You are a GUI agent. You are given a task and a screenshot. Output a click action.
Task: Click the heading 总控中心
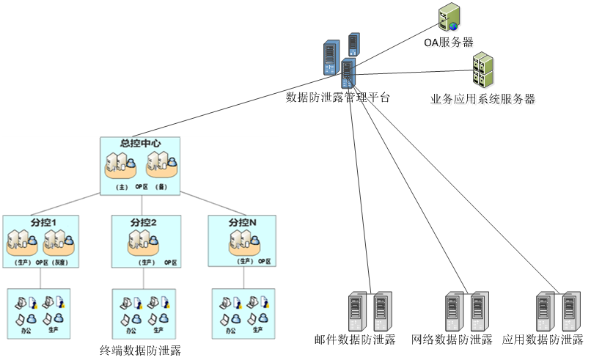pos(140,144)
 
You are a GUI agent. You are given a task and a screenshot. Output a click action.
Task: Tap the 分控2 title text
pos(144,222)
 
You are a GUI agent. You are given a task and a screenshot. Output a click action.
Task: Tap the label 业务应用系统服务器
pos(483,100)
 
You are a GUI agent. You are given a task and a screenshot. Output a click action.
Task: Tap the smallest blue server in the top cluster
pos(354,44)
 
